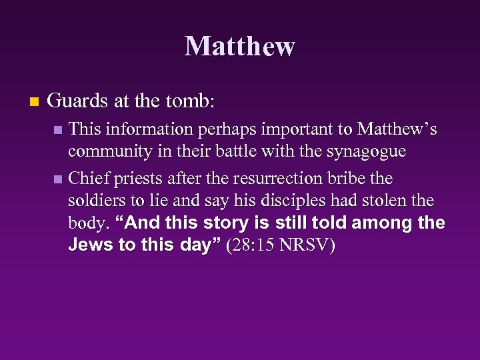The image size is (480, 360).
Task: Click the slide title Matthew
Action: tap(239, 47)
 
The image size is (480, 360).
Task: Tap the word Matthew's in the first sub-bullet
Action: tap(397, 129)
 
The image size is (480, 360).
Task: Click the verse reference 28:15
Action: tap(253, 246)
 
